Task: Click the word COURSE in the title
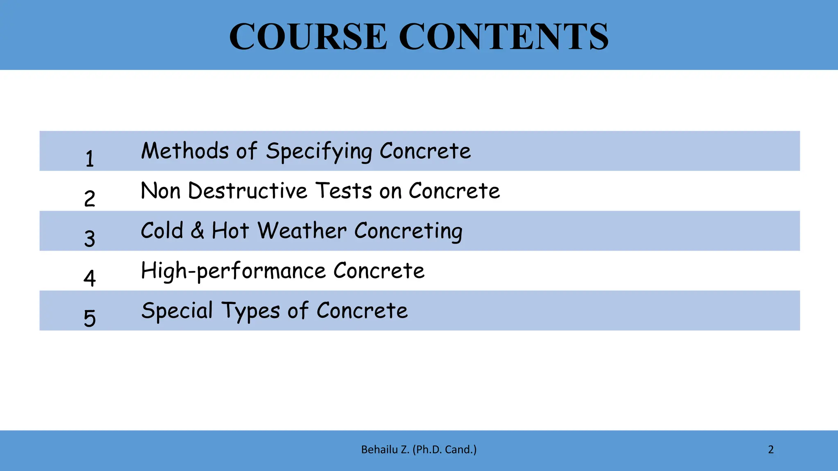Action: pyautogui.click(x=308, y=37)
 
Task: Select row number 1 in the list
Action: pyautogui.click(x=90, y=158)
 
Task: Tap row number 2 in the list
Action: pyautogui.click(x=90, y=198)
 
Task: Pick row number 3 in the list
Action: pyautogui.click(x=90, y=238)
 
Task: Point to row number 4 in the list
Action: pyautogui.click(x=90, y=278)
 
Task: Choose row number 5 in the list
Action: pyautogui.click(x=90, y=318)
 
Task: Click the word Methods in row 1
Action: pyautogui.click(x=185, y=150)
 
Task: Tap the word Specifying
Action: pyautogui.click(x=319, y=151)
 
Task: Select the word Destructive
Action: pyautogui.click(x=248, y=191)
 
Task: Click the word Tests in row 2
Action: pyautogui.click(x=344, y=191)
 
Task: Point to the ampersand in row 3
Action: pyautogui.click(x=197, y=230)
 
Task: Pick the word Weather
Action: pyautogui.click(x=302, y=231)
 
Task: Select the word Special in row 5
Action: pyautogui.click(x=177, y=311)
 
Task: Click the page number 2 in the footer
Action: pyautogui.click(x=771, y=450)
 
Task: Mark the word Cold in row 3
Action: pyautogui.click(x=162, y=230)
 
